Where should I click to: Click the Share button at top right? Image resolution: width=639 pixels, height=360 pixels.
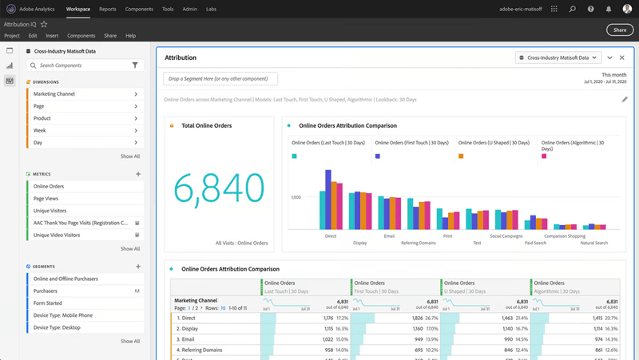pyautogui.click(x=620, y=30)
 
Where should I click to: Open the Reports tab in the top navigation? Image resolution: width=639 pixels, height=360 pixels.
pyautogui.click(x=107, y=9)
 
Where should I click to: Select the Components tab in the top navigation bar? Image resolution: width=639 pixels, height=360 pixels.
pyautogui.click(x=139, y=9)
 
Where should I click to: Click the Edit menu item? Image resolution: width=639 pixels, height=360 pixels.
pyautogui.click(x=33, y=36)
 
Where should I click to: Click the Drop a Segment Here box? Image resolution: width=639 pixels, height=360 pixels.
pyautogui.click(x=220, y=79)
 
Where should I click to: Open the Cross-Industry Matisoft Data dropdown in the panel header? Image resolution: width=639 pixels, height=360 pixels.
pyautogui.click(x=558, y=58)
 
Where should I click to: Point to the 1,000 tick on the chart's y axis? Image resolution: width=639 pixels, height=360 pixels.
pyautogui.click(x=296, y=197)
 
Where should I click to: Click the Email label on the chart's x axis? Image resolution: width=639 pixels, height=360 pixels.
pyautogui.click(x=389, y=236)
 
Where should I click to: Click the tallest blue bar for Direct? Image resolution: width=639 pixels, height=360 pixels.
pyautogui.click(x=327, y=199)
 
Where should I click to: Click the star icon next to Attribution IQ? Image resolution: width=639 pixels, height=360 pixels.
pyautogui.click(x=44, y=25)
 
